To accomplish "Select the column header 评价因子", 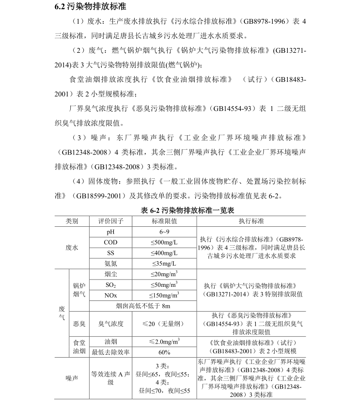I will [111, 221].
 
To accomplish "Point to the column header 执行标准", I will [251, 221].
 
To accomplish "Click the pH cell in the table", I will [111, 232].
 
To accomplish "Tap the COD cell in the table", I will [111, 242].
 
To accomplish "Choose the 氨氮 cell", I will [111, 264].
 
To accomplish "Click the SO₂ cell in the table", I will [111, 284].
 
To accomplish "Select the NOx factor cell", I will [111, 295].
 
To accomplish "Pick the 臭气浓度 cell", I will [111, 323].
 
